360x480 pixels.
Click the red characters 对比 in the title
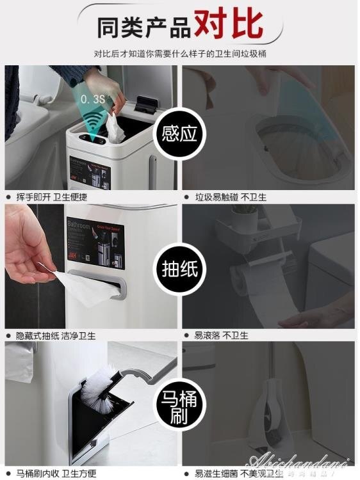click(x=229, y=24)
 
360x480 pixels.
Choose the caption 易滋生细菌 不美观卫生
click(x=234, y=473)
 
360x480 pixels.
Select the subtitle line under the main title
click(x=180, y=53)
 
